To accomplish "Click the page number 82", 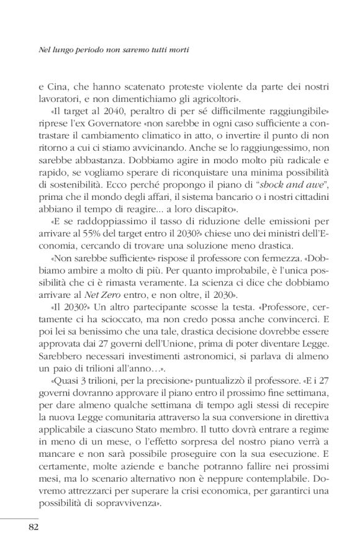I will pyautogui.click(x=34, y=528).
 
